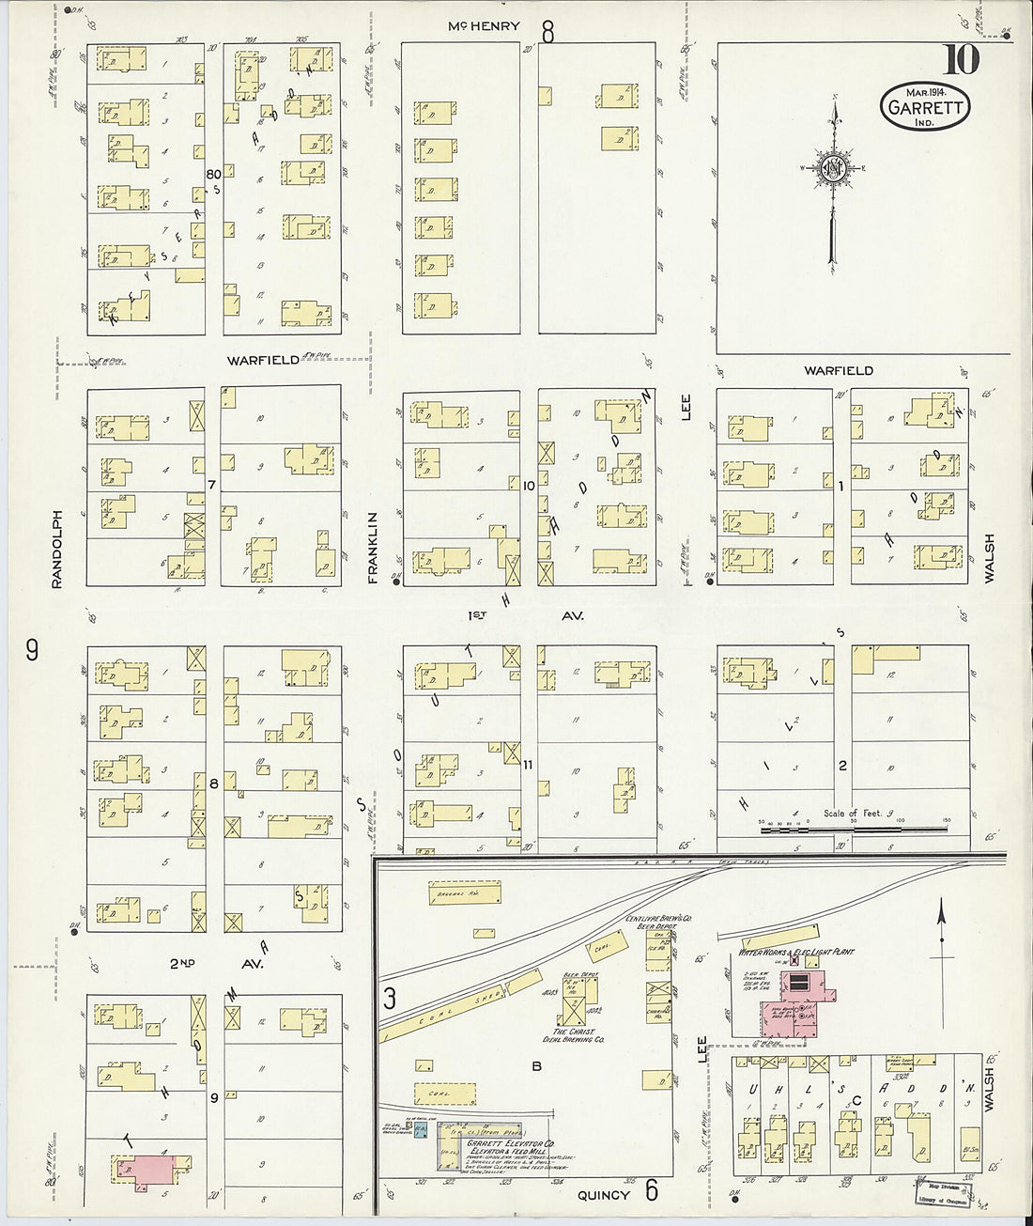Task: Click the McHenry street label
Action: (x=483, y=26)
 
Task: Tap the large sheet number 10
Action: (x=961, y=60)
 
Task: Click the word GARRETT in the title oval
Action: (x=925, y=107)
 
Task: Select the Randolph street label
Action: (x=57, y=550)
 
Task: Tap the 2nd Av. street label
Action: (x=216, y=964)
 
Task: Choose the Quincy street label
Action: (x=603, y=1195)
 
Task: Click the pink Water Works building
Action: (x=798, y=1005)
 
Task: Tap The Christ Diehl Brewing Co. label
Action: (x=573, y=1035)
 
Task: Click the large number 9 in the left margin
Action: (x=32, y=649)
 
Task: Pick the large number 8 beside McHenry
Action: (x=547, y=33)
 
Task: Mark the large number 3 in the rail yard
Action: (x=389, y=997)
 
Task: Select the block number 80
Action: (x=213, y=174)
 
